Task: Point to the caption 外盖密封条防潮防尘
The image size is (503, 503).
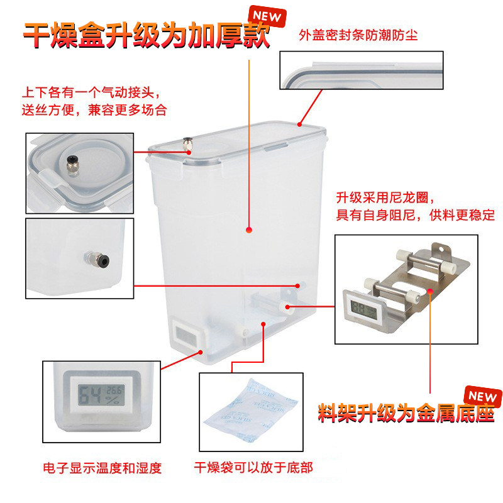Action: [358, 35]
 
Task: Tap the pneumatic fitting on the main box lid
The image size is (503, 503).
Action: [187, 145]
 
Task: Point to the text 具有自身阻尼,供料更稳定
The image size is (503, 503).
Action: [416, 215]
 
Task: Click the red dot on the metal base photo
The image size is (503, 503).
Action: [431, 291]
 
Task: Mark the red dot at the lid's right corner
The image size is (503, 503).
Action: [299, 124]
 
